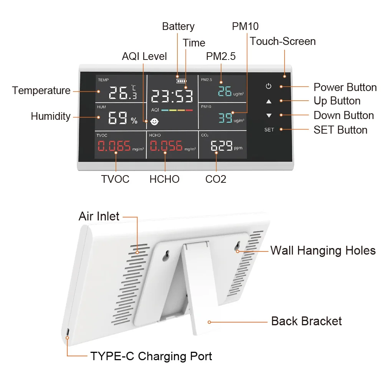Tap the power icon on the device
tap(268, 86)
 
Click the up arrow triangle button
tap(268, 101)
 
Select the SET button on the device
tap(269, 130)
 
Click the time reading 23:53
tap(172, 96)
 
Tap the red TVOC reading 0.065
tap(114, 146)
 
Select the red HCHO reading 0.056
tap(166, 146)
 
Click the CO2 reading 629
tap(222, 146)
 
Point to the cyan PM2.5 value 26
tap(225, 92)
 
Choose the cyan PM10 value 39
tap(225, 118)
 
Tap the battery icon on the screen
tap(180, 81)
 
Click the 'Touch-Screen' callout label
tap(283, 41)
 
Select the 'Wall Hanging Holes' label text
tap(323, 251)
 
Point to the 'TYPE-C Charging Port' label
tap(151, 356)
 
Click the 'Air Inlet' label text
tap(99, 216)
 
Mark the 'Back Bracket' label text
tap(306, 321)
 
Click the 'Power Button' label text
tap(345, 87)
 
